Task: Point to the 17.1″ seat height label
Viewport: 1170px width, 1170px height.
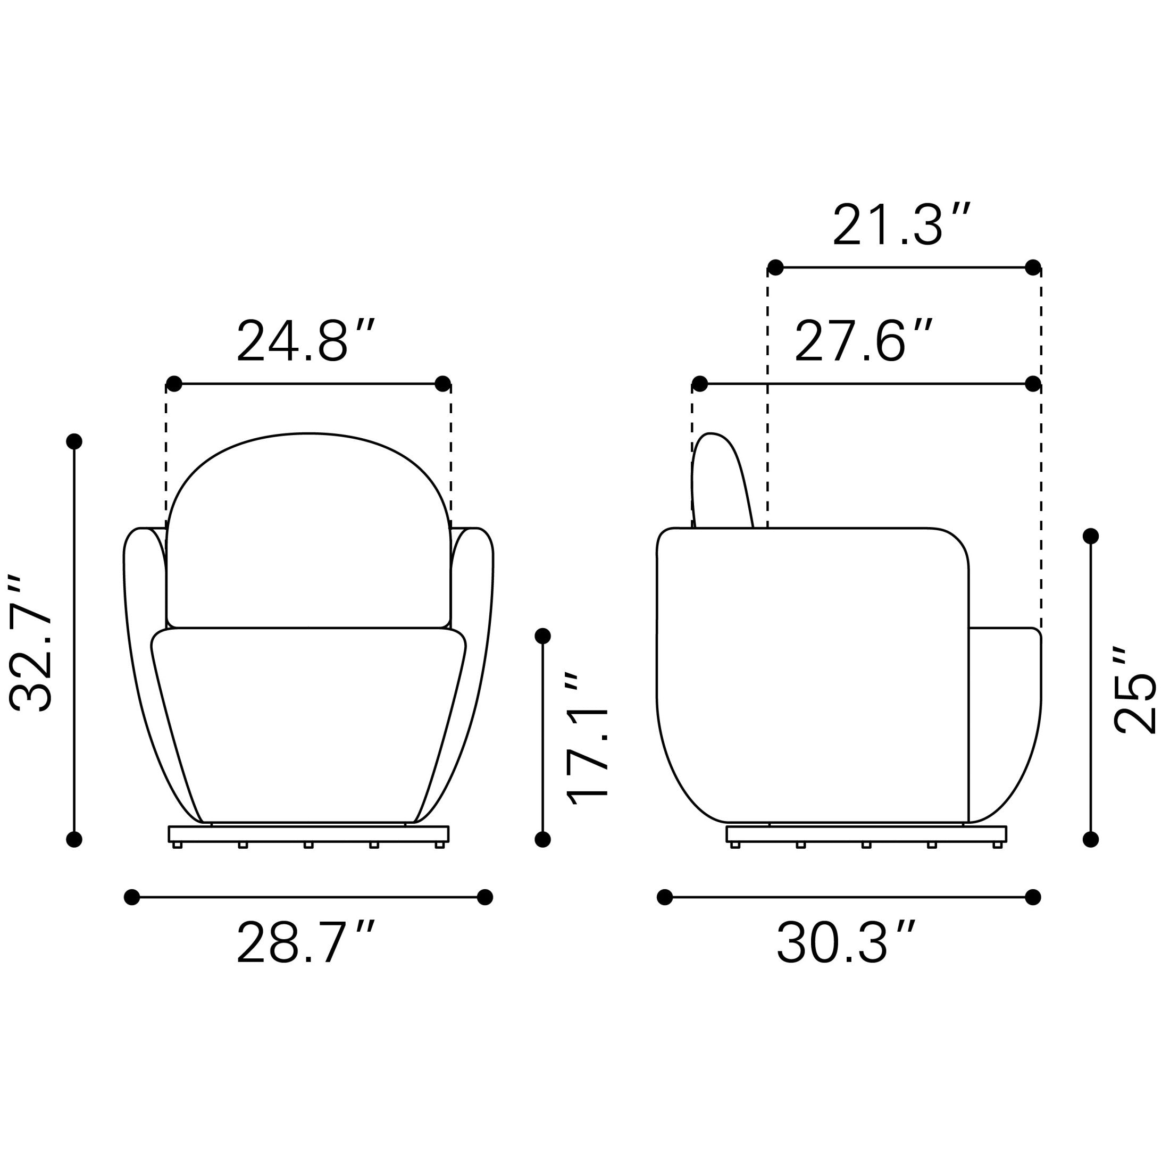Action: coord(586,739)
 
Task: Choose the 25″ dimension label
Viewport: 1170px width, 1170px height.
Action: coord(1135,691)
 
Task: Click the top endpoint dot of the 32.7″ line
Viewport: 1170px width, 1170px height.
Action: coord(74,441)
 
